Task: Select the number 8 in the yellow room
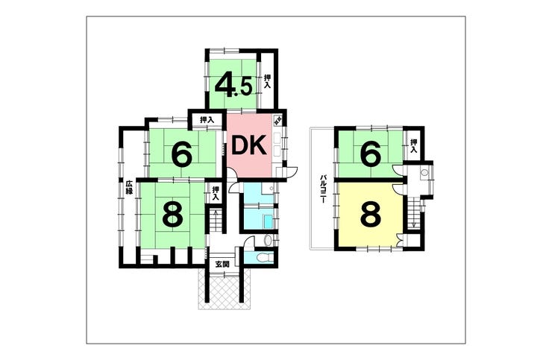point(370,215)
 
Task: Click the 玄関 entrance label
point(222,264)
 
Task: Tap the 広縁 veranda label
point(128,187)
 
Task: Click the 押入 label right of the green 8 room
point(215,193)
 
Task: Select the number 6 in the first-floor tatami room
point(181,154)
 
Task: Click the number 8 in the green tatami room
point(172,215)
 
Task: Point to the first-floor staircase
point(215,221)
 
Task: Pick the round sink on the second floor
point(423,173)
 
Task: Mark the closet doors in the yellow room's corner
point(401,240)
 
